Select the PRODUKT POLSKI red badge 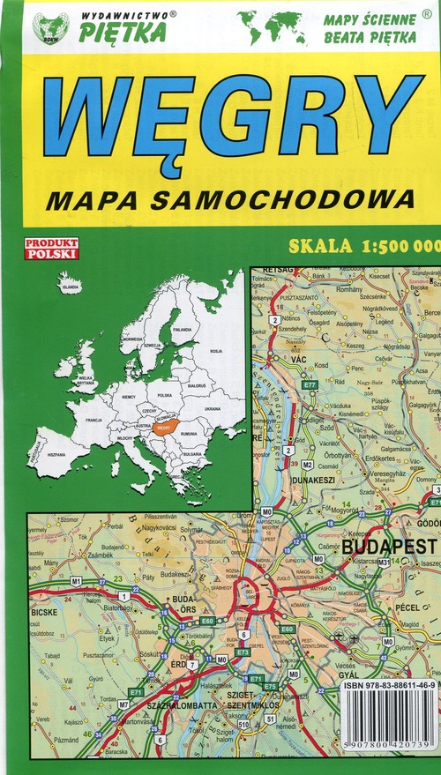click(51, 249)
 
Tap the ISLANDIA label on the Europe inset click(70, 287)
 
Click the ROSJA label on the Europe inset click(215, 350)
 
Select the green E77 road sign click(309, 385)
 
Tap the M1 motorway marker click(76, 581)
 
